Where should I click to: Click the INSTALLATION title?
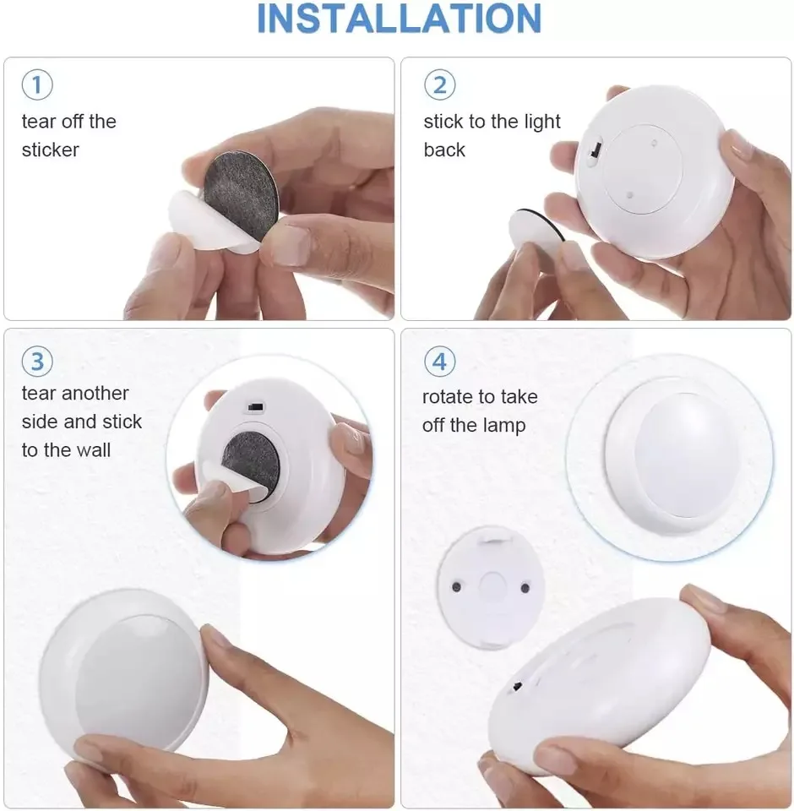(x=399, y=19)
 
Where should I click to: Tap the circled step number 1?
(x=37, y=84)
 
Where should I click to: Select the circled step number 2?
(x=440, y=84)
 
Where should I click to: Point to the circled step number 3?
(x=37, y=361)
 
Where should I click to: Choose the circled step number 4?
(x=440, y=361)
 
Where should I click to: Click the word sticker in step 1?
(x=51, y=150)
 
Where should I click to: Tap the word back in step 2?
(x=444, y=150)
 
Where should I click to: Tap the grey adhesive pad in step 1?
(x=240, y=195)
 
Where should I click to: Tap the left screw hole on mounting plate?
(x=457, y=587)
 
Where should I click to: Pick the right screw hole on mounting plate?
(x=525, y=588)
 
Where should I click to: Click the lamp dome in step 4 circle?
(x=685, y=454)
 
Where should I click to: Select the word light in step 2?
(x=542, y=122)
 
